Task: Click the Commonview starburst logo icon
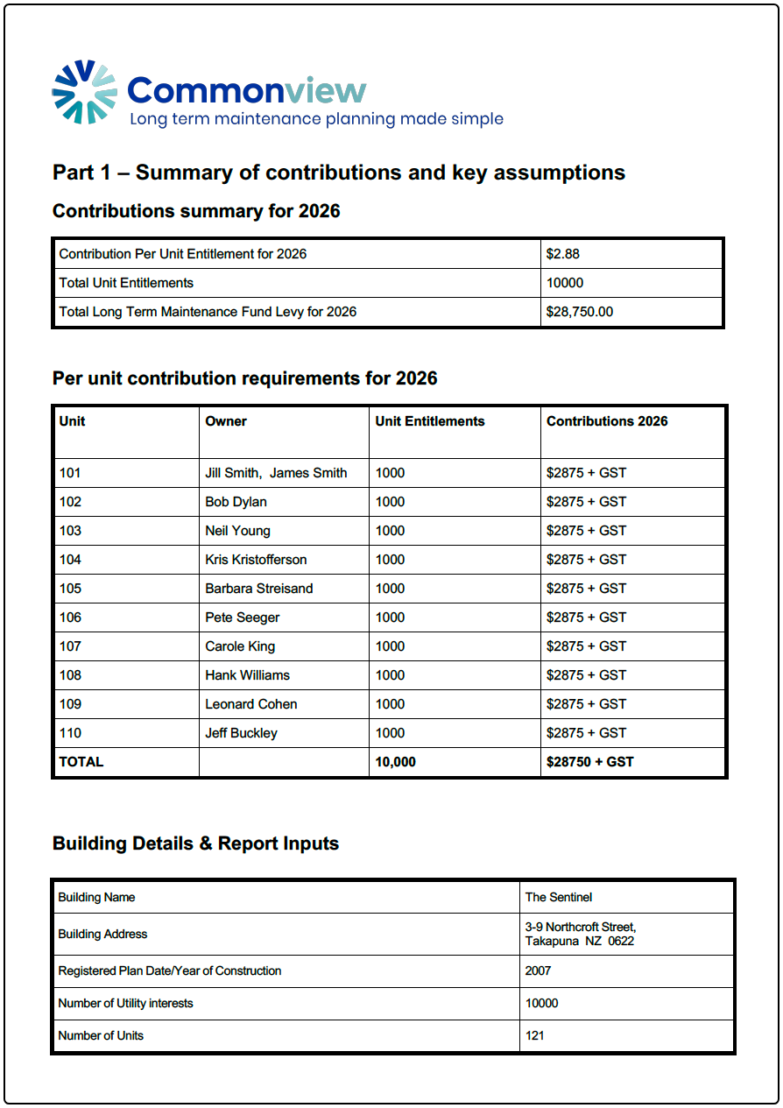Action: [x=84, y=91]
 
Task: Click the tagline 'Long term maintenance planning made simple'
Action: [x=316, y=119]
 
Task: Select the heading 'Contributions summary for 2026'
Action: [x=196, y=211]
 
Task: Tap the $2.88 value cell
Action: [x=563, y=254]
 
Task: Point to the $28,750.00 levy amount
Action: [x=579, y=312]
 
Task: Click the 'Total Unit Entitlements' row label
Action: [x=126, y=283]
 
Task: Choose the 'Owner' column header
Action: [x=226, y=421]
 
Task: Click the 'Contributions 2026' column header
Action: [x=607, y=421]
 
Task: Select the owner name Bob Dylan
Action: [x=236, y=502]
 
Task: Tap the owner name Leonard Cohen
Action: [x=250, y=704]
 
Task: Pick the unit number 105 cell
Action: [x=70, y=589]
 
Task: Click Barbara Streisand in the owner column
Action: [x=258, y=589]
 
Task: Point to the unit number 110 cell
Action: [x=70, y=733]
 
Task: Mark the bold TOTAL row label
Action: [x=81, y=762]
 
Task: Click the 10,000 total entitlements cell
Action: [x=395, y=762]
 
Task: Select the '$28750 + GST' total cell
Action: [x=589, y=762]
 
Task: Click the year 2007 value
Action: [x=539, y=970]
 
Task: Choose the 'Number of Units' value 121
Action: [x=535, y=1035]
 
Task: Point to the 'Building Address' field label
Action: [x=102, y=934]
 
